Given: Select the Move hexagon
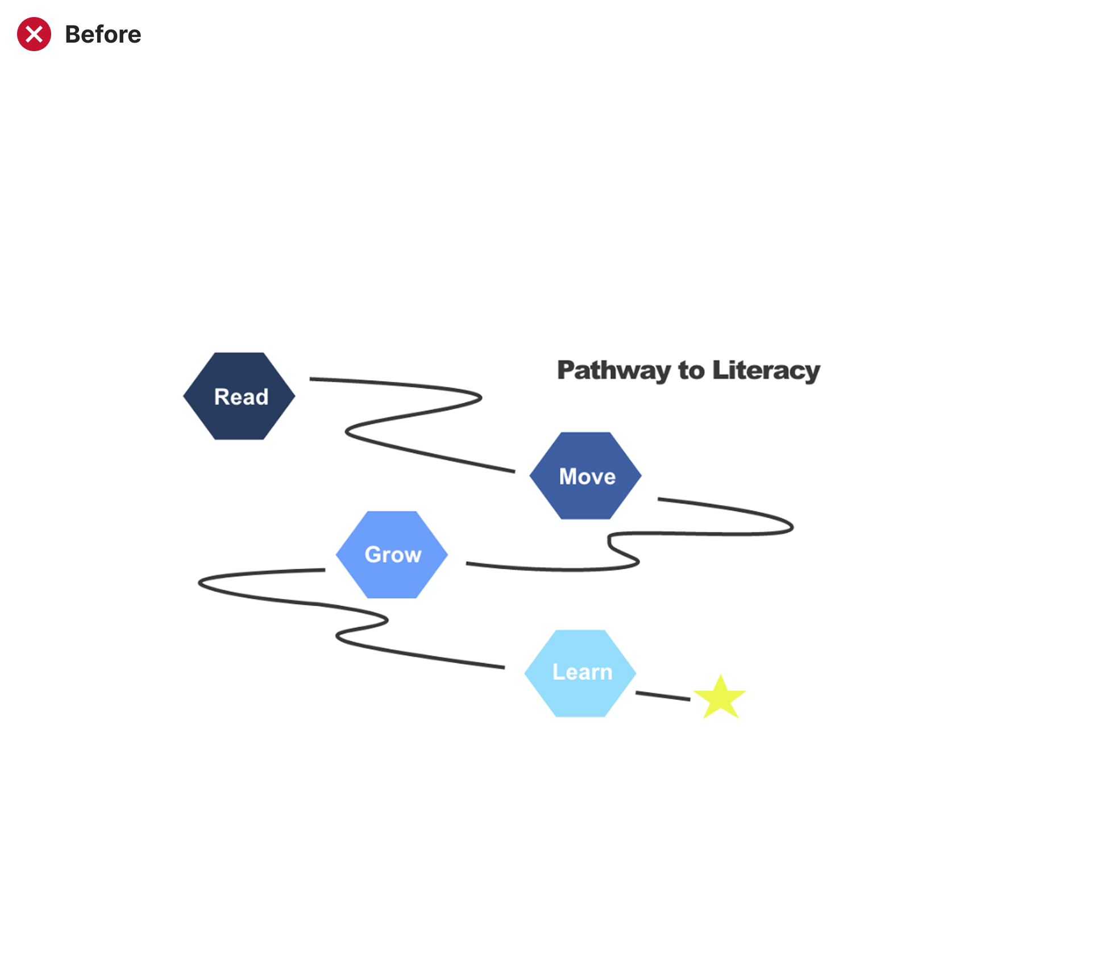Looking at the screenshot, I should pyautogui.click(x=585, y=500).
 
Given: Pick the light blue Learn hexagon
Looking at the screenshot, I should pyautogui.click(x=580, y=697).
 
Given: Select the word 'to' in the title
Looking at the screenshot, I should pyautogui.click(x=691, y=370).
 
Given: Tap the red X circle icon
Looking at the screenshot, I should pyautogui.click(x=34, y=34).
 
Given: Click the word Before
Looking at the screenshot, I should pyautogui.click(x=103, y=35).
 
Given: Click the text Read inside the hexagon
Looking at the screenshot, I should pyautogui.click(x=241, y=397).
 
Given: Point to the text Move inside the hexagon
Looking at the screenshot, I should pyautogui.click(x=587, y=476).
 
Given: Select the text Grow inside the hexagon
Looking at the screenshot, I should pyautogui.click(x=393, y=555).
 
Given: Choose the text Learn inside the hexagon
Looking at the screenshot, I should pyautogui.click(x=582, y=672).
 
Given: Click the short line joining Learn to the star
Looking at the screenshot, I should pyautogui.click(x=663, y=695).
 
